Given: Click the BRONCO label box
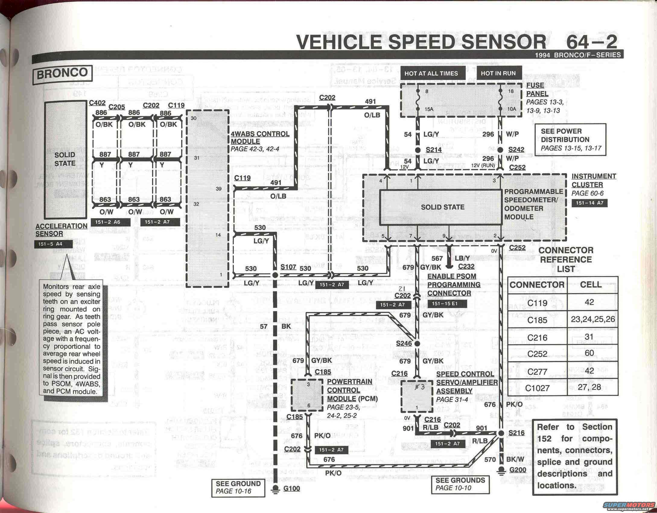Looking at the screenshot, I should point(62,73).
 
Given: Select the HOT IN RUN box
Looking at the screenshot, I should point(498,73).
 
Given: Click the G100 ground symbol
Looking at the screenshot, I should point(275,489).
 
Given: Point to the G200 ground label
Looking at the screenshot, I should point(518,470).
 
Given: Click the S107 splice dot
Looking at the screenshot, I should point(275,275).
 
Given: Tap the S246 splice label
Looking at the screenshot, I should point(404,343).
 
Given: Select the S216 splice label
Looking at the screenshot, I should point(516,433).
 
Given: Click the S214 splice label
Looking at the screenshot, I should point(433,150).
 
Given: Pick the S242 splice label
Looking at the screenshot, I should point(516,150).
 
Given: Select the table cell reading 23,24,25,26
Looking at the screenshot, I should point(593,319).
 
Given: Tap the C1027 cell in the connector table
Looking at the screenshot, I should point(537,388).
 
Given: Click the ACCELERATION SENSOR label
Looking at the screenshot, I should point(61,230).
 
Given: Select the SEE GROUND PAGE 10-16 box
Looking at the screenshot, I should point(238,487).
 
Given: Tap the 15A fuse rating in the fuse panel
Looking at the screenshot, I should point(429,109).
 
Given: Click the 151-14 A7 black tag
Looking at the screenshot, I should point(589,203).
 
